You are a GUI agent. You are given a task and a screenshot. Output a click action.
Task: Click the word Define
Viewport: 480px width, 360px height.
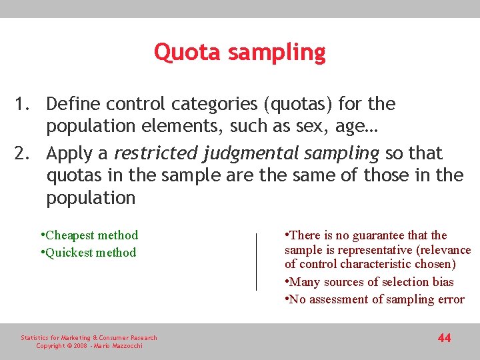coord(75,104)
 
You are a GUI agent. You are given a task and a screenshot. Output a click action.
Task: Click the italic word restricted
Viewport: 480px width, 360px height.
coord(154,153)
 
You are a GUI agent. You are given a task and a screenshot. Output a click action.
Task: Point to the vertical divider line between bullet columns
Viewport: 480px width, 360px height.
coord(256,261)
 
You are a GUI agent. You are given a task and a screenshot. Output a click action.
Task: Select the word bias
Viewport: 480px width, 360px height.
coord(442,282)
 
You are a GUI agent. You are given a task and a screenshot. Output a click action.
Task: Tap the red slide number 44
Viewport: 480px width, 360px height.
coord(444,338)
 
